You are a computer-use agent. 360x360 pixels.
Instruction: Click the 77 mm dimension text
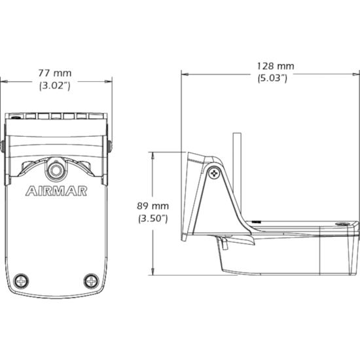[55, 73]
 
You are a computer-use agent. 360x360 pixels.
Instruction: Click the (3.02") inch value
[54, 86]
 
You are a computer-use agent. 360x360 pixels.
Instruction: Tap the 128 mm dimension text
[276, 66]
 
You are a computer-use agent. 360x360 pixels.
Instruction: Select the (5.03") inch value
[272, 79]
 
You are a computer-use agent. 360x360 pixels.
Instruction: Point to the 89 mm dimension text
[153, 206]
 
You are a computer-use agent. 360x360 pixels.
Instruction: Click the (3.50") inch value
[153, 219]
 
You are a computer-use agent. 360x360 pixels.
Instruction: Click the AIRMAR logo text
[56, 191]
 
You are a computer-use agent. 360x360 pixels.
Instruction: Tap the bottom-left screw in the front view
[21, 281]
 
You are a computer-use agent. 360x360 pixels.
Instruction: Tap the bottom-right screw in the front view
[91, 281]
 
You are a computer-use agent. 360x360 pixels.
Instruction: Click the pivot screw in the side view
[214, 173]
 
